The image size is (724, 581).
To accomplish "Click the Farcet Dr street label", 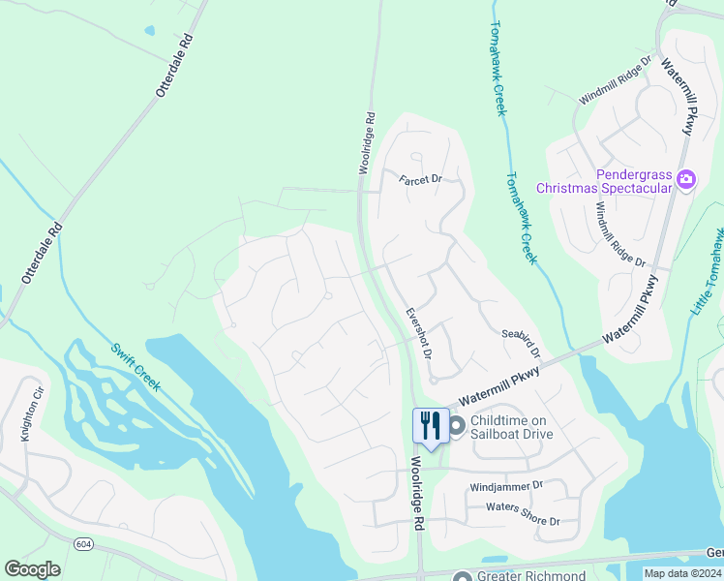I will point(420,179).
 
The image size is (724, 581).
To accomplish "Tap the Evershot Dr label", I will point(418,332).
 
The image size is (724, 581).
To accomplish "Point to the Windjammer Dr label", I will point(506,486).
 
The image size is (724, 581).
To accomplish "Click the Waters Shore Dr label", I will point(523,514).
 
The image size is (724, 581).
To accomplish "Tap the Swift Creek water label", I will point(135,367).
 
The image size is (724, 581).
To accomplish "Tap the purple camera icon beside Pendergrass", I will point(686,179).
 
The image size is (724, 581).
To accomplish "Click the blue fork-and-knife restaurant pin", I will point(431,425).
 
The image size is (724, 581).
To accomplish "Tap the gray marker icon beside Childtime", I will point(457,424).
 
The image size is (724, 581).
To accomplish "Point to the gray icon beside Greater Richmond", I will point(463,577).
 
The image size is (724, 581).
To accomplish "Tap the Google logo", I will point(32,569).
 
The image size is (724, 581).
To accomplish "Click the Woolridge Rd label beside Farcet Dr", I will point(366,143).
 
